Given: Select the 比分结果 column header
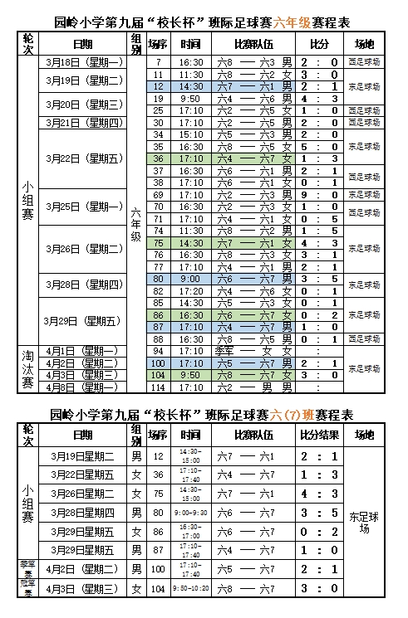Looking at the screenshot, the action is (320, 435).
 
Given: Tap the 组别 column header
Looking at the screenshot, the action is (135, 43).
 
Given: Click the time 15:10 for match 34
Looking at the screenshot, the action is (191, 134).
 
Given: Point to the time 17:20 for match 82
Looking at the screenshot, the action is (191, 290).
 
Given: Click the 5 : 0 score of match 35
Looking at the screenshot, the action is (319, 146).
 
